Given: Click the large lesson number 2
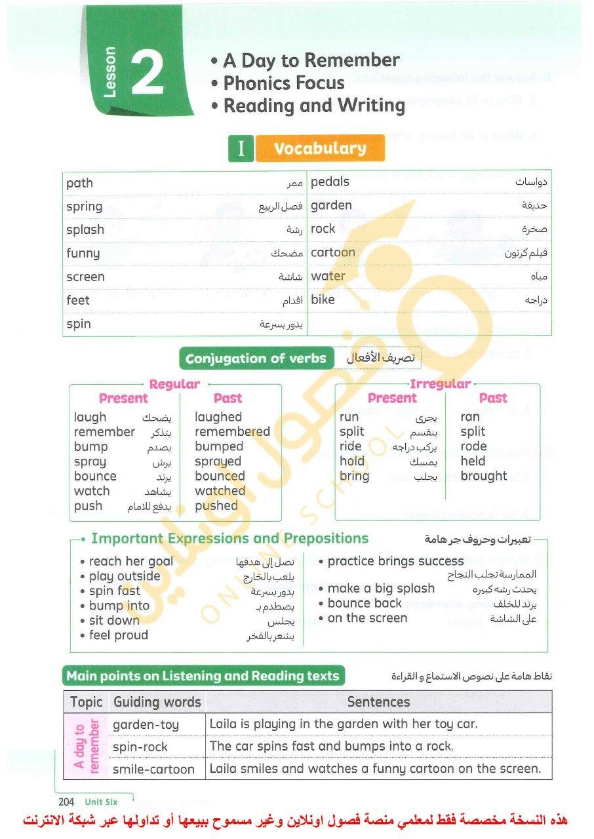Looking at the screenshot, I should pyautogui.click(x=148, y=74).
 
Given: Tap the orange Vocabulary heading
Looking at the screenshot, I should pyautogui.click(x=320, y=148).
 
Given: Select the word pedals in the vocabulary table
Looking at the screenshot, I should pyautogui.click(x=330, y=182).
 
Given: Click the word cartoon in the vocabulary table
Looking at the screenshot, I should pyautogui.click(x=332, y=252).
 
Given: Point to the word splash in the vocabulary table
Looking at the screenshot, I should pyautogui.click(x=85, y=230).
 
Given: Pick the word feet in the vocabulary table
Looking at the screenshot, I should pyautogui.click(x=78, y=300).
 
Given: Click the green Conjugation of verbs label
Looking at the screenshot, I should pyautogui.click(x=256, y=359).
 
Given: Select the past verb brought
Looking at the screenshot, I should pyautogui.click(x=483, y=477).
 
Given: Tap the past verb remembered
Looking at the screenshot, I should pyautogui.click(x=232, y=432).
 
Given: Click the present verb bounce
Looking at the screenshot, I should pyautogui.click(x=95, y=477).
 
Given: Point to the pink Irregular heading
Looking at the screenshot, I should pyautogui.click(x=440, y=384).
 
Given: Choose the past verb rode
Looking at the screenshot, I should pyautogui.click(x=473, y=446).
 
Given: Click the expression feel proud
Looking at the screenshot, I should pyautogui.click(x=119, y=635).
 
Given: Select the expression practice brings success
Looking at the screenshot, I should pyautogui.click(x=395, y=561).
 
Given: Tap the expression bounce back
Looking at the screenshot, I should pyautogui.click(x=365, y=603).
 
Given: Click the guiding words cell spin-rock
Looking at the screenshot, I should pyautogui.click(x=140, y=747).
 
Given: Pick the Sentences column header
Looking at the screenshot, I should pyautogui.click(x=378, y=702).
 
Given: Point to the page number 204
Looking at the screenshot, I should pyautogui.click(x=66, y=802).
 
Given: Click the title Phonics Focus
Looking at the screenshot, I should pyautogui.click(x=284, y=83).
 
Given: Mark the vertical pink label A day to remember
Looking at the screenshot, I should pyautogui.click(x=87, y=747).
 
